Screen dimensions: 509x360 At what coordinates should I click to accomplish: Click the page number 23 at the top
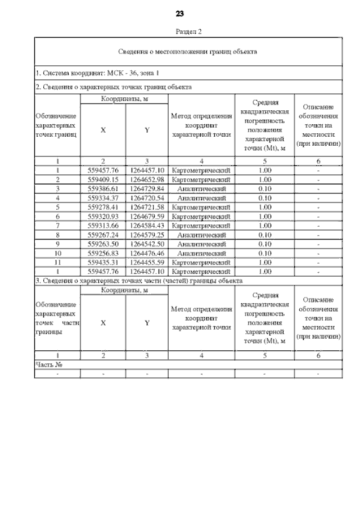tap(181, 13)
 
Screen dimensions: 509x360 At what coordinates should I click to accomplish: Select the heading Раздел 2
tap(181, 31)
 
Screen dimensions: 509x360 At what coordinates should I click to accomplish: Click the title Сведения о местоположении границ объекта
tap(188, 52)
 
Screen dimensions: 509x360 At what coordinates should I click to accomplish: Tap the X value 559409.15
tap(103, 179)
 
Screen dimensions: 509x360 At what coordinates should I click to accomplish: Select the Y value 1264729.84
tap(147, 188)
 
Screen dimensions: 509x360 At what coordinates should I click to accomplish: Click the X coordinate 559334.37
tap(103, 198)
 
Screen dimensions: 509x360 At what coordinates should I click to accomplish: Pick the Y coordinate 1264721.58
tap(147, 207)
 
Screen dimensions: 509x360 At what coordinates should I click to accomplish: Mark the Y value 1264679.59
tap(147, 216)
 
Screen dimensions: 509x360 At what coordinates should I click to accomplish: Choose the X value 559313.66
tap(103, 225)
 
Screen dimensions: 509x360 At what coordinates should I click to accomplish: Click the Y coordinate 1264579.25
tap(147, 235)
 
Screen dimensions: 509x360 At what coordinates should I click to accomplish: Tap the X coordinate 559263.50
tap(103, 244)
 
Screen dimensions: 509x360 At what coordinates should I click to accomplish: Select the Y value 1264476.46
tap(147, 253)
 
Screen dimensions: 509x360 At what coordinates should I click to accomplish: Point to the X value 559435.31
tap(103, 262)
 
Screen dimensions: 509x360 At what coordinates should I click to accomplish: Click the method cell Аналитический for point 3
tap(201, 188)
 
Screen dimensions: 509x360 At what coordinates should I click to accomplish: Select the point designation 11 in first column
tap(57, 262)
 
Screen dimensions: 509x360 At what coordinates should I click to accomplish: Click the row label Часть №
tap(48, 364)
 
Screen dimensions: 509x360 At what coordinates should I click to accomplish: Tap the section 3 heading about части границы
tap(139, 280)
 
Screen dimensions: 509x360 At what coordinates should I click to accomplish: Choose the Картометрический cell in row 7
tap(201, 225)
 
